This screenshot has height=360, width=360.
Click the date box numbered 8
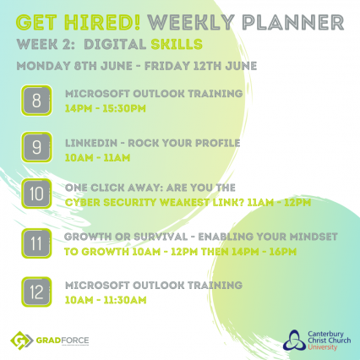pyautogui.click(x=36, y=101)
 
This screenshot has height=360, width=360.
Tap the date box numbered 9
pyautogui.click(x=36, y=147)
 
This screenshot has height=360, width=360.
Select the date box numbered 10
pyautogui.click(x=36, y=194)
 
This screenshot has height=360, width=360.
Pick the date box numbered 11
pyautogui.click(x=36, y=243)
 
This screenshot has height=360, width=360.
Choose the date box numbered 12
pyautogui.click(x=36, y=292)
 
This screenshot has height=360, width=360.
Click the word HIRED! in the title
pyautogui.click(x=102, y=22)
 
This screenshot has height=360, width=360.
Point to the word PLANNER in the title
pyautogui.click(x=293, y=22)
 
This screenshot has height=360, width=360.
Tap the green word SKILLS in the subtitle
pyautogui.click(x=177, y=45)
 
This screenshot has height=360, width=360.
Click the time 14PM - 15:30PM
pyautogui.click(x=106, y=108)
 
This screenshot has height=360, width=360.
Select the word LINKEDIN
pyautogui.click(x=91, y=143)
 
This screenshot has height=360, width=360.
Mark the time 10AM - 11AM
pyautogui.click(x=97, y=158)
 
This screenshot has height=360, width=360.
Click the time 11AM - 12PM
pyautogui.click(x=279, y=202)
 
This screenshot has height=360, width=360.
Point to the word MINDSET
pyautogui.click(x=314, y=237)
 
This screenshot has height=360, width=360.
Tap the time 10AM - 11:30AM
pyautogui.click(x=106, y=300)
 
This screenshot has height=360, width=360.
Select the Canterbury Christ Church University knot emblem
pyautogui.click(x=294, y=340)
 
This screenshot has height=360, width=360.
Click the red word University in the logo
pyautogui.click(x=322, y=346)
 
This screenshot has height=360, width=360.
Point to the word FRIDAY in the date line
pyautogui.click(x=167, y=66)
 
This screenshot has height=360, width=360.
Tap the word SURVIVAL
pyautogui.click(x=161, y=237)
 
